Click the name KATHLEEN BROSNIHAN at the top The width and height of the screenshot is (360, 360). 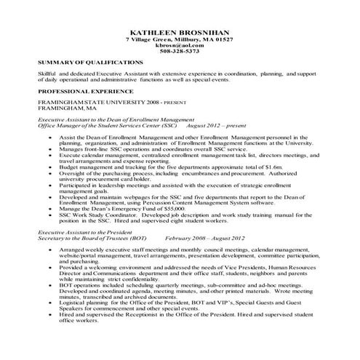click(x=180, y=33)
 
